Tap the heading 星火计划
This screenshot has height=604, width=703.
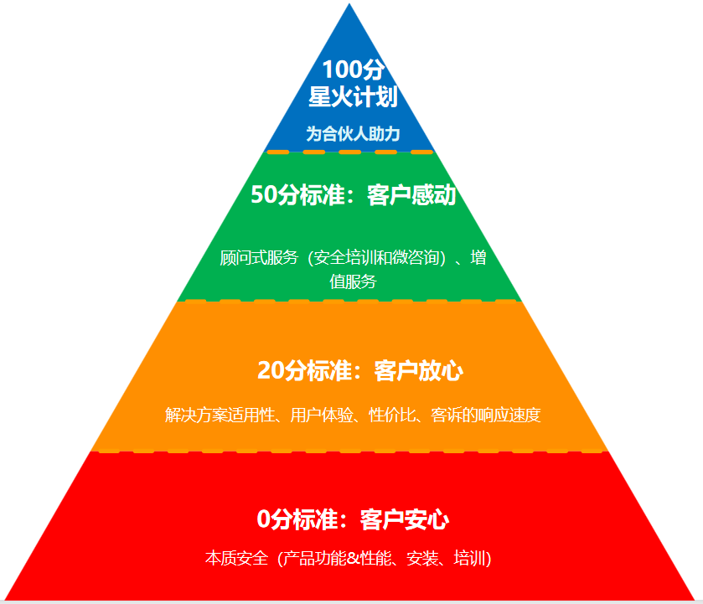tap(352, 97)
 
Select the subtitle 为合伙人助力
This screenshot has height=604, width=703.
tap(352, 133)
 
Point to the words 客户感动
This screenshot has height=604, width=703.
tap(411, 196)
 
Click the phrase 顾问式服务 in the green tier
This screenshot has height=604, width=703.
tap(259, 258)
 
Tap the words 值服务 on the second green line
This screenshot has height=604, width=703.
tap(353, 281)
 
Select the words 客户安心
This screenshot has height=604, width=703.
tap(405, 520)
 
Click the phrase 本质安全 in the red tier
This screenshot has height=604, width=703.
tap(236, 558)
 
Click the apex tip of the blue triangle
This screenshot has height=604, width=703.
tap(349, 6)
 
